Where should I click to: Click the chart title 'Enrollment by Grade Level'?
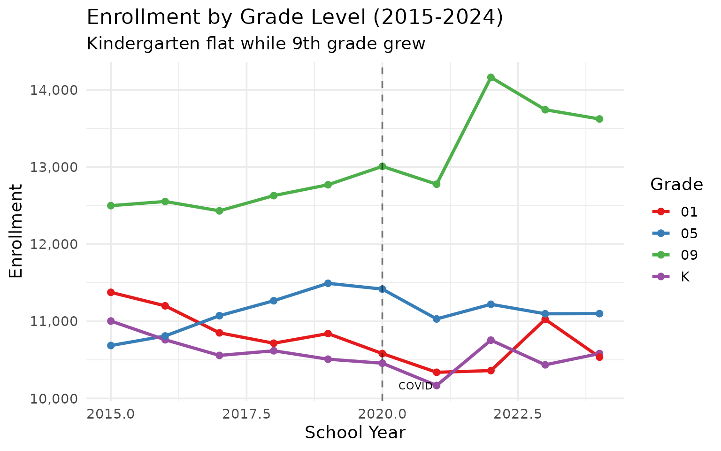pyautogui.click(x=295, y=18)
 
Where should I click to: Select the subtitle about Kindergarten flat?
pyautogui.click(x=256, y=44)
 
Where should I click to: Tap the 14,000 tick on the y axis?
pyautogui.click(x=53, y=90)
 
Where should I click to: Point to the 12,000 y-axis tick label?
pyautogui.click(x=53, y=244)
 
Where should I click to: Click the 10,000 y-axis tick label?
pyautogui.click(x=53, y=398)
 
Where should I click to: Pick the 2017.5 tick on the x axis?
pyautogui.click(x=246, y=414)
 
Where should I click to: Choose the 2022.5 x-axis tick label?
pyautogui.click(x=518, y=414)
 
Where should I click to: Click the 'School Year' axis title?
pyautogui.click(x=355, y=433)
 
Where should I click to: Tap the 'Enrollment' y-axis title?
pyautogui.click(x=16, y=231)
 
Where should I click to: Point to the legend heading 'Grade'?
pyautogui.click(x=676, y=185)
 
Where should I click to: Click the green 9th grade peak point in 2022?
pyautogui.click(x=491, y=77)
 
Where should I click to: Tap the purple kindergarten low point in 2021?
pyautogui.click(x=437, y=385)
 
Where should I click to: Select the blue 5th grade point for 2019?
pyautogui.click(x=328, y=283)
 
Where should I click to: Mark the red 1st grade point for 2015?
pyautogui.click(x=111, y=292)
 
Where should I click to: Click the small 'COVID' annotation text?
pyautogui.click(x=415, y=386)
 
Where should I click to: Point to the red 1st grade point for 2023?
pyautogui.click(x=545, y=319)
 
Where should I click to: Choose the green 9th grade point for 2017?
pyautogui.click(x=219, y=211)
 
